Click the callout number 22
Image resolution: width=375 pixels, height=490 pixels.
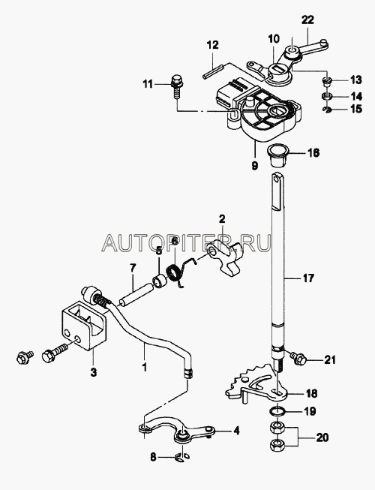tap(307, 20)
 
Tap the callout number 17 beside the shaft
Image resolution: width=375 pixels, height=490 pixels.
tap(307, 278)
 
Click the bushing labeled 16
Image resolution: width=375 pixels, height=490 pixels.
tap(275, 156)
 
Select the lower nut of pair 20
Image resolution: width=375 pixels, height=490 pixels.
tap(276, 444)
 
